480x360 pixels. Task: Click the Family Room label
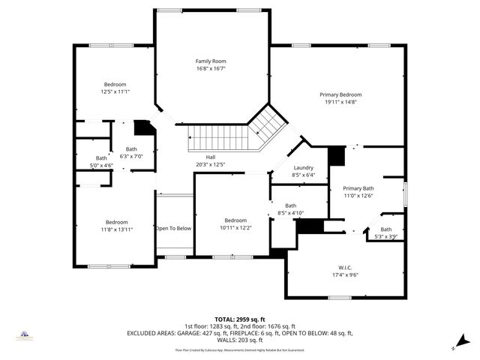pos(211,61)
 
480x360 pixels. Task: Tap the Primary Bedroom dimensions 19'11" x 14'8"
pos(340,102)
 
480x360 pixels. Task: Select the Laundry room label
pos(303,168)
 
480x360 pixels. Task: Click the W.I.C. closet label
pos(344,267)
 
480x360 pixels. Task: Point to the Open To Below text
pos(173,228)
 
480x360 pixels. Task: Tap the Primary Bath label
pos(358,188)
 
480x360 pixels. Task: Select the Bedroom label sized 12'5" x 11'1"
pos(115,84)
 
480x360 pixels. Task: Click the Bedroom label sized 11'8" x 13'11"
pos(116,222)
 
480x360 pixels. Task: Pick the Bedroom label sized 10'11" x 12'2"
pos(235,220)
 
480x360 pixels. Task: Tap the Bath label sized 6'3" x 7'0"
pos(131,148)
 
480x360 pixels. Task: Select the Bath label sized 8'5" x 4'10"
pos(290,205)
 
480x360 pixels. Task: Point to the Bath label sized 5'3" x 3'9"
pos(385,229)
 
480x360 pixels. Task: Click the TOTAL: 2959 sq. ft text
pos(240,319)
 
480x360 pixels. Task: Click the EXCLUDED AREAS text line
pos(240,332)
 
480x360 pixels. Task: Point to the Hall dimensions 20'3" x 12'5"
pos(211,164)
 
